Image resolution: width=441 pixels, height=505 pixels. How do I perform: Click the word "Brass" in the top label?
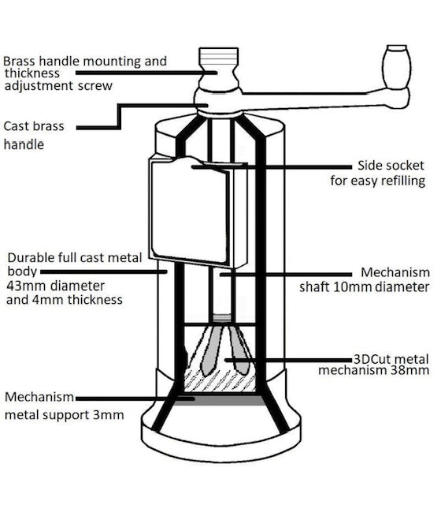coord(19,61)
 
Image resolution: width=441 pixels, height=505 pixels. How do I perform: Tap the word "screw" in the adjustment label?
coord(95,86)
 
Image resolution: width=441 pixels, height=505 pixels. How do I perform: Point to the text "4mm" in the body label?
coord(48,300)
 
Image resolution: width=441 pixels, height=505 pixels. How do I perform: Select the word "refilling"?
coord(404,181)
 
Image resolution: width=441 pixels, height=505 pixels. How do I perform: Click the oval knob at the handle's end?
coord(397,66)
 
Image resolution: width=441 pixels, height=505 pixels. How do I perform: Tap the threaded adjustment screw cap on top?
coord(219,57)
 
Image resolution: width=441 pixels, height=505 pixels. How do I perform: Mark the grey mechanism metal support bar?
coord(220,400)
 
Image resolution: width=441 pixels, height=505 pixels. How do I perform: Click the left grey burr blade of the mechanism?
coord(211,351)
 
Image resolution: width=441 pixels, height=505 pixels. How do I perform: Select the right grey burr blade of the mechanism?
coord(239,351)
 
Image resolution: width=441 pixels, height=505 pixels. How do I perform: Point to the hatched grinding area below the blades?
coord(220,382)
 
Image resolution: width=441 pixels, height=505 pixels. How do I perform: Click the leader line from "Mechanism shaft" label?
coord(286,275)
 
